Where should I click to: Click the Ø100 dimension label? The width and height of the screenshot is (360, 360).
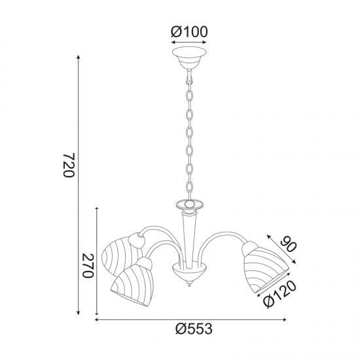[x=189, y=32]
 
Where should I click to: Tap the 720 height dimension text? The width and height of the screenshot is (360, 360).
[x=69, y=165]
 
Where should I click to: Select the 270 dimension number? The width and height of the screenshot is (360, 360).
[x=88, y=266]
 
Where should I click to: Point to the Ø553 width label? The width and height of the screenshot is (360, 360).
[x=194, y=329]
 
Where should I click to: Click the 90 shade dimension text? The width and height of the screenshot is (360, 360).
[x=289, y=245]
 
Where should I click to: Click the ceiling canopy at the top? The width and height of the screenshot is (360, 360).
[x=189, y=58]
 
